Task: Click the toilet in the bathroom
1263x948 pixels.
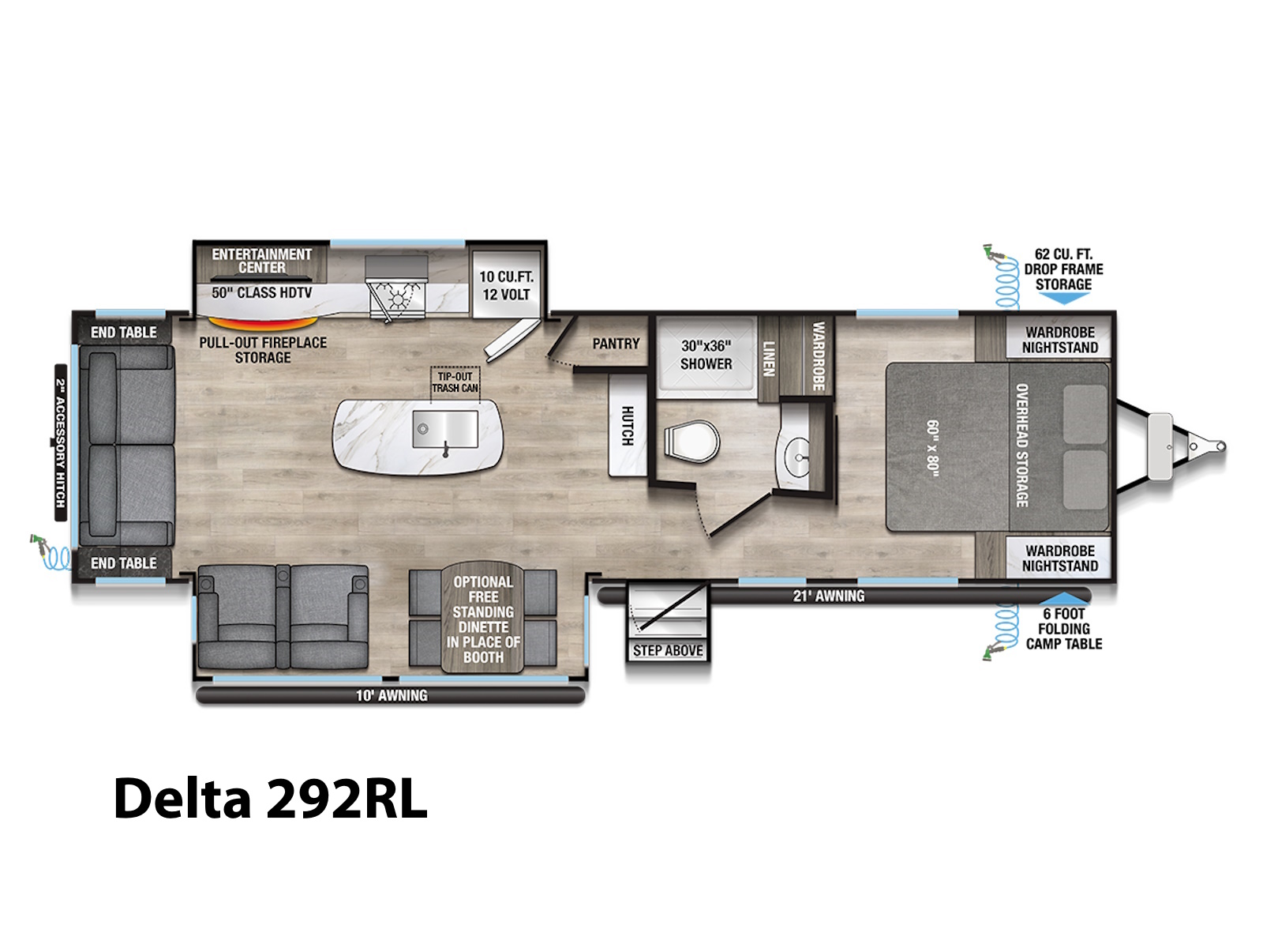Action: [x=691, y=442]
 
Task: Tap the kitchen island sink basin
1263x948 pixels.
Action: [x=444, y=429]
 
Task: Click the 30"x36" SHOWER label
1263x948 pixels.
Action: [x=706, y=355]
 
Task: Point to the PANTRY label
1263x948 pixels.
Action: [x=616, y=344]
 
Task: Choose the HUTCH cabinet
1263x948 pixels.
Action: [x=628, y=425]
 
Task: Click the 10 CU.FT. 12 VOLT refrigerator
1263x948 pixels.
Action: [x=506, y=284]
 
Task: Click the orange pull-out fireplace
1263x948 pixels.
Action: [x=263, y=322]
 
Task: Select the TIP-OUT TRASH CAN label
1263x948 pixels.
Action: [x=455, y=382]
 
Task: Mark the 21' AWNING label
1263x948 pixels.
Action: [x=829, y=596]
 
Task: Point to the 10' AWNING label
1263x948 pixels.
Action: [x=392, y=695]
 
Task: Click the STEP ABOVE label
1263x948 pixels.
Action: [x=668, y=650]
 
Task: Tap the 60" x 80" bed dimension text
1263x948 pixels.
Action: [x=932, y=449]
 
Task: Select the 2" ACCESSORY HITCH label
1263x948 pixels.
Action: [x=61, y=442]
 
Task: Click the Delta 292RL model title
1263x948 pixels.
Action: [x=271, y=799]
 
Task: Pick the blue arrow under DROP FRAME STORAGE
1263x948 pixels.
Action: [x=1064, y=298]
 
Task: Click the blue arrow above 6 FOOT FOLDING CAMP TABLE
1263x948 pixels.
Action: [x=1064, y=598]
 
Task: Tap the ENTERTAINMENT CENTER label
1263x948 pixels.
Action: [x=262, y=261]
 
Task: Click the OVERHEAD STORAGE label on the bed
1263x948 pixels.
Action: [x=1022, y=446]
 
